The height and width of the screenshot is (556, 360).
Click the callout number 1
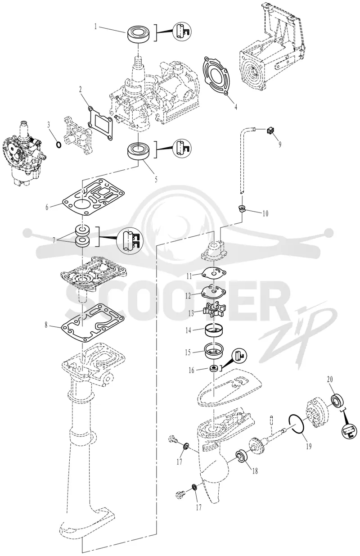95,27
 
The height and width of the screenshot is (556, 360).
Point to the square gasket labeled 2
99,119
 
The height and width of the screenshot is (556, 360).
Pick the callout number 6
47,207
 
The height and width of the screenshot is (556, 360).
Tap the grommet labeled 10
241,208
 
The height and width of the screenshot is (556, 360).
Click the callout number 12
189,296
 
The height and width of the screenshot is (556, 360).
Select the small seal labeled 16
214,368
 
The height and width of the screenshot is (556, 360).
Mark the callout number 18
255,470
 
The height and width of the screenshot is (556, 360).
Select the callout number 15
188,352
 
